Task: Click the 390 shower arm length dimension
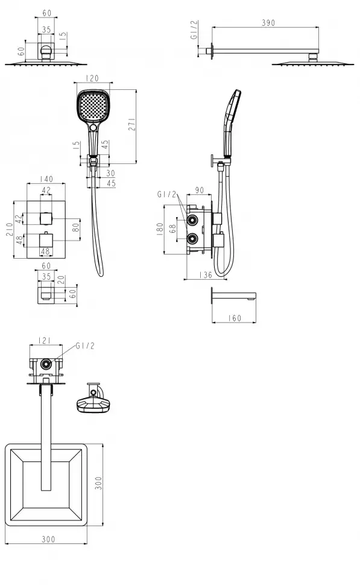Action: (268, 23)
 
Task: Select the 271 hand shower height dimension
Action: (132, 124)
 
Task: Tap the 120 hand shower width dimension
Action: (92, 78)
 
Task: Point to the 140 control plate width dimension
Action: (46, 179)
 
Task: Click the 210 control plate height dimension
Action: (10, 229)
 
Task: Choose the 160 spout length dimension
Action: (235, 318)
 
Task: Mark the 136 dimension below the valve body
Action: (206, 275)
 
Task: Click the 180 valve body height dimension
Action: (160, 229)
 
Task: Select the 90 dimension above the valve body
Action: (200, 190)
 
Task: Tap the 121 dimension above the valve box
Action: (45, 341)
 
